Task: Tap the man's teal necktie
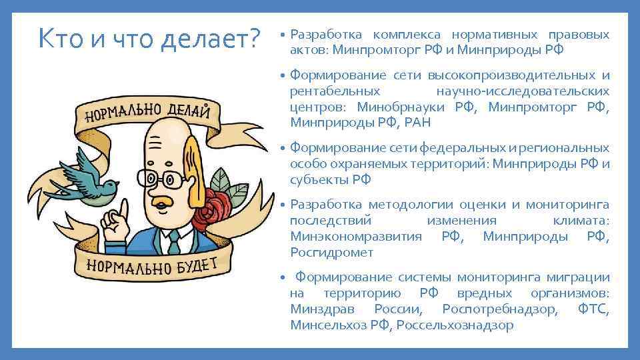click(x=175, y=239)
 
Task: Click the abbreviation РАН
click(x=417, y=122)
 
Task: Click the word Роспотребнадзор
click(x=499, y=309)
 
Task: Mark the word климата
click(x=581, y=221)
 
